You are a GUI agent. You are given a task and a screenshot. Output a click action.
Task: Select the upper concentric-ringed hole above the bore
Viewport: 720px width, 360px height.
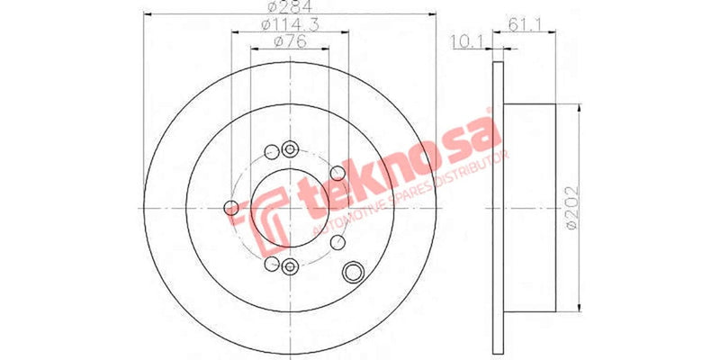coord(289,150)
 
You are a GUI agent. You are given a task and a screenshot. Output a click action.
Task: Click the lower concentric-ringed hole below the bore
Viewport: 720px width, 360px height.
coord(289,265)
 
